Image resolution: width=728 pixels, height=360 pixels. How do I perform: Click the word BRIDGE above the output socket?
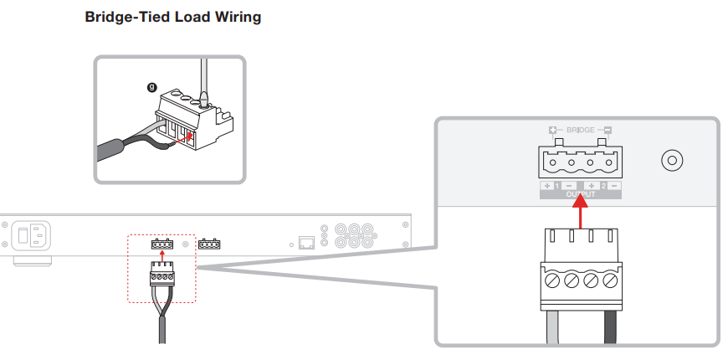[x=580, y=131]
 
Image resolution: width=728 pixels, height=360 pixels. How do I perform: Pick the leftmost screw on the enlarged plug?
[x=551, y=278]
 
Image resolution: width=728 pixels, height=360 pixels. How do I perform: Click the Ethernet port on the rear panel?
[x=306, y=243]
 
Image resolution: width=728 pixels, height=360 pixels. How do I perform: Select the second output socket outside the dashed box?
[x=209, y=244]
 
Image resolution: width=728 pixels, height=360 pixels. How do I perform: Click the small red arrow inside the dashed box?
[x=161, y=254]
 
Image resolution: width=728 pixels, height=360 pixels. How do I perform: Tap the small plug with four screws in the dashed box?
[x=161, y=274]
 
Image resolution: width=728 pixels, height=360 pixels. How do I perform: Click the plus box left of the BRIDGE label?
[x=552, y=131]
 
